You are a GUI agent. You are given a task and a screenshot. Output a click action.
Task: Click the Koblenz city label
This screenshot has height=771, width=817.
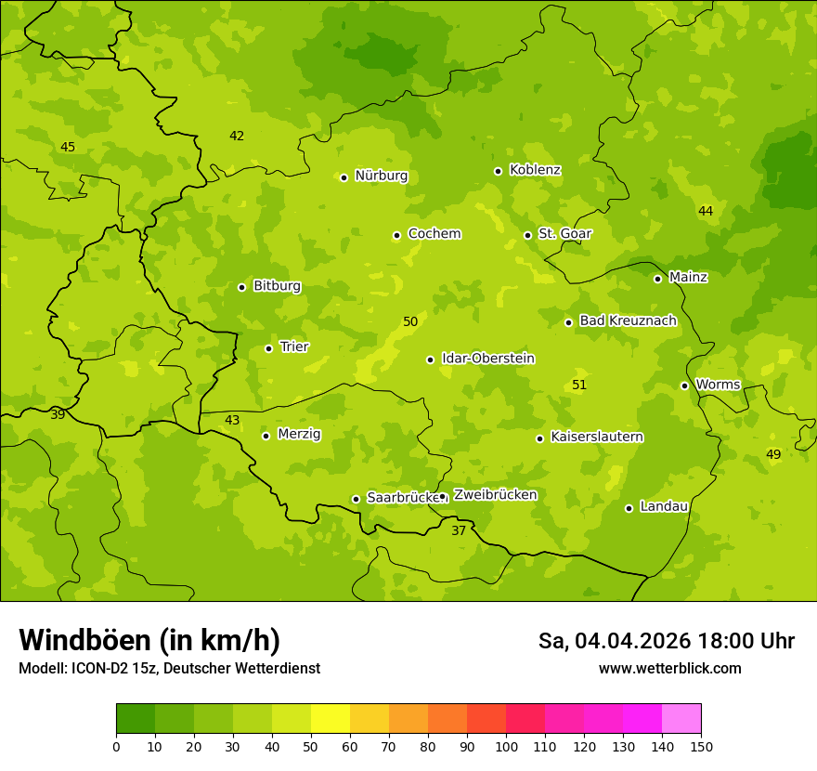pyautogui.click(x=535, y=170)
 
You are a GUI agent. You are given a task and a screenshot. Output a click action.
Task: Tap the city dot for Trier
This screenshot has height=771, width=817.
pyautogui.click(x=269, y=348)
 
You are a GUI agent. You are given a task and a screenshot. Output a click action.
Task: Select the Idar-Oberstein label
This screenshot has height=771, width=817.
pyautogui.click(x=488, y=359)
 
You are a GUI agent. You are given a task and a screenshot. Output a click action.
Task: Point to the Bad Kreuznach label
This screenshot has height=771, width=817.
pyautogui.click(x=628, y=320)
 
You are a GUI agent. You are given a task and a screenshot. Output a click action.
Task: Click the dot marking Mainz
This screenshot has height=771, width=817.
pyautogui.click(x=657, y=279)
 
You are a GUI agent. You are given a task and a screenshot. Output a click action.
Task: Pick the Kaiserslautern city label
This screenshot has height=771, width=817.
pyautogui.click(x=597, y=437)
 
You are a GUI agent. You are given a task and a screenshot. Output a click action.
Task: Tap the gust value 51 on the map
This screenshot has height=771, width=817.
pyautogui.click(x=579, y=385)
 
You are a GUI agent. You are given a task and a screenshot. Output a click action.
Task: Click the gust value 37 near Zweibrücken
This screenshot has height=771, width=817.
pyautogui.click(x=459, y=530)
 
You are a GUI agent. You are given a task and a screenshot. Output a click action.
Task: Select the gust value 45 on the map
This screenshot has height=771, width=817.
pyautogui.click(x=68, y=147)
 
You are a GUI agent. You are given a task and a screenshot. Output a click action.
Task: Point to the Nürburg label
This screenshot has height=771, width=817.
pyautogui.click(x=381, y=176)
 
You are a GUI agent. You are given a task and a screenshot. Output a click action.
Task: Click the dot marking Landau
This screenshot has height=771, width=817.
pyautogui.click(x=629, y=508)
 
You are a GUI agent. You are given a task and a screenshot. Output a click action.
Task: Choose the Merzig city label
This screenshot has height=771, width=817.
pyautogui.click(x=299, y=434)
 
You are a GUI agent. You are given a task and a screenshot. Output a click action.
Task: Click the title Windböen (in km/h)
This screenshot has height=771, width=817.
pyautogui.click(x=149, y=640)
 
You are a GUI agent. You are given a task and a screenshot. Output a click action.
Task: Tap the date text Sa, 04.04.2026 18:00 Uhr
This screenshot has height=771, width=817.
pyautogui.click(x=666, y=641)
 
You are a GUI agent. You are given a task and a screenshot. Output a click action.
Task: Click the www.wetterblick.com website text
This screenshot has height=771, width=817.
pyautogui.click(x=669, y=668)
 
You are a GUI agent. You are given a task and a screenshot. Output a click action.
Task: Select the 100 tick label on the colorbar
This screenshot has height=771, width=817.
pyautogui.click(x=506, y=746)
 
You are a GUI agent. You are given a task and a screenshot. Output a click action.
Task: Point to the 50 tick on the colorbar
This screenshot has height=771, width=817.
pyautogui.click(x=311, y=746)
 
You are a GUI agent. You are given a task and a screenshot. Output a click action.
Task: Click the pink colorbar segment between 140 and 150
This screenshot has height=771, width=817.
pyautogui.click(x=681, y=719)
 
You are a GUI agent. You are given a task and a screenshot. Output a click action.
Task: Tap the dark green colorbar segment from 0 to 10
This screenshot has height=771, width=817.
pyautogui.click(x=136, y=719)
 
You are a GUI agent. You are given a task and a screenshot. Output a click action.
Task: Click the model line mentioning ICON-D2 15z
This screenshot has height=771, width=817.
pyautogui.click(x=169, y=668)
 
